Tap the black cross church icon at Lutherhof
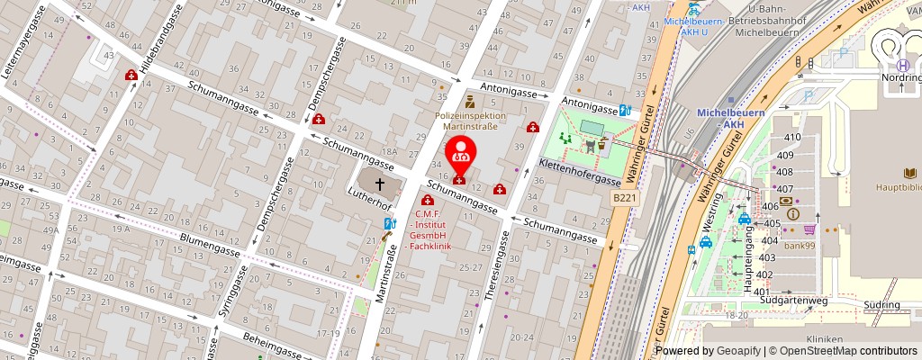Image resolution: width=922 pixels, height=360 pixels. tap(380, 184)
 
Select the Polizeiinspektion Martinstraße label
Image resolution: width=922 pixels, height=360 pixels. tap(470, 121)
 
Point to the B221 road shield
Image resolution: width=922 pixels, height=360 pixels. tap(624, 196)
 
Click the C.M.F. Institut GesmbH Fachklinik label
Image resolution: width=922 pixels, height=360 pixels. tap(431, 230)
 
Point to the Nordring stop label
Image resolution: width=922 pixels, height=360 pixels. tap(902, 78)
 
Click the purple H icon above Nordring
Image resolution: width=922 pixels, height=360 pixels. tap(902, 64)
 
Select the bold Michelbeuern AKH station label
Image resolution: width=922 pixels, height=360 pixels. tap(730, 118)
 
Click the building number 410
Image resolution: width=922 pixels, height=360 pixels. tap(792, 137)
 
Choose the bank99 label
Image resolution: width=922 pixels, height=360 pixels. tap(799, 245)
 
